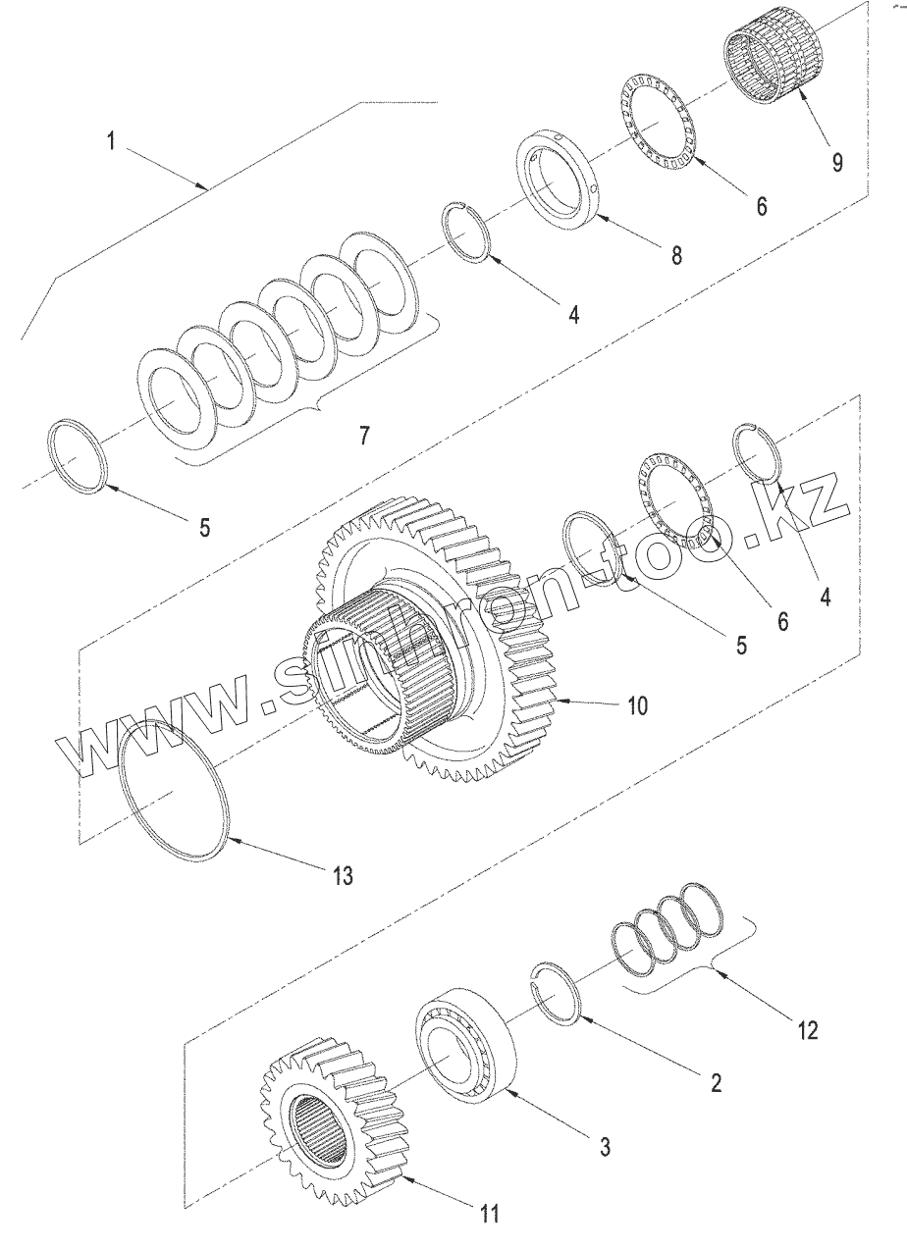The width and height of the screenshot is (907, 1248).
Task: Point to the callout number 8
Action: (x=676, y=254)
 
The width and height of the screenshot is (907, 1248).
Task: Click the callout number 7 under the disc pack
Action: (x=364, y=436)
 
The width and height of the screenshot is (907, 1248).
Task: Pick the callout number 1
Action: (x=113, y=142)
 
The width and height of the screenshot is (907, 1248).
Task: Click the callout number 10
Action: (x=637, y=706)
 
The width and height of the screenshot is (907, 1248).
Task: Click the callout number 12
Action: (x=807, y=1030)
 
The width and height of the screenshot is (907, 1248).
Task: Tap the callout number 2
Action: (x=716, y=1083)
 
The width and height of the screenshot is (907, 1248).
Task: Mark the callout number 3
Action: (x=606, y=1145)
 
